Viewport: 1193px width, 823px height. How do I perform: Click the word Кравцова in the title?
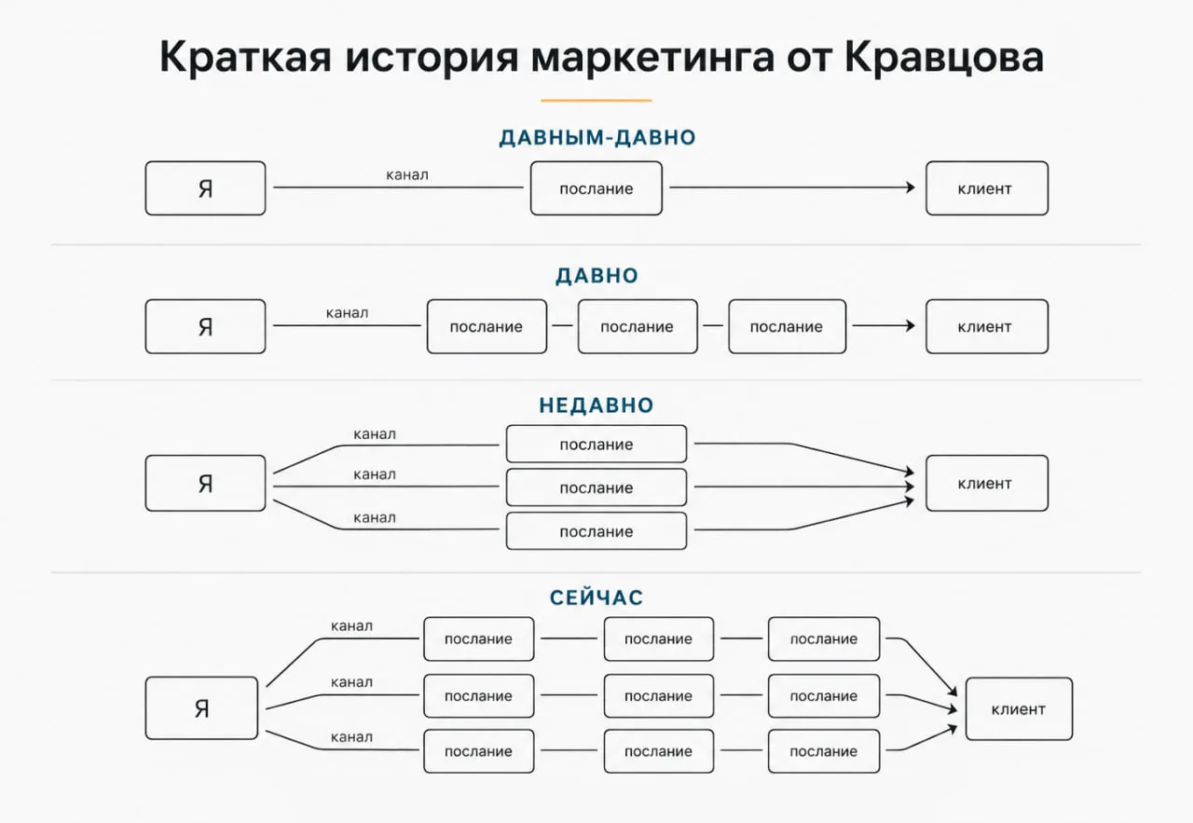click(944, 58)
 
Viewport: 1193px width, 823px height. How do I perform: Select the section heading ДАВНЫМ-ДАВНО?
click(597, 137)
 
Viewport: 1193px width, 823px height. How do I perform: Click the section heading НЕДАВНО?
click(596, 405)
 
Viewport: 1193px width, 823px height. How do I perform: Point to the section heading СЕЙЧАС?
click(596, 597)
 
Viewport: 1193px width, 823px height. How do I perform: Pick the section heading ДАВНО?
click(596, 275)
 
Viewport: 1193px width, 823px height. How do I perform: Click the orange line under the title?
click(596, 100)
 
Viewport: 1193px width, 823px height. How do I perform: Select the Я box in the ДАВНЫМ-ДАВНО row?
click(205, 188)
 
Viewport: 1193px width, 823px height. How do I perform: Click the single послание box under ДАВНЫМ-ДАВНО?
click(596, 188)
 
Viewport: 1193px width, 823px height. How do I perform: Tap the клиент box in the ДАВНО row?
click(987, 326)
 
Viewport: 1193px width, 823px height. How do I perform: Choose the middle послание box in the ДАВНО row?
click(638, 326)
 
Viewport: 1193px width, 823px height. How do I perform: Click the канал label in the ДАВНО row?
click(347, 312)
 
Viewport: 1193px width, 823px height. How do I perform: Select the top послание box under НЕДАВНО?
click(596, 444)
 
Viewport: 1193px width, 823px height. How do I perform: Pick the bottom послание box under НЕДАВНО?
click(596, 531)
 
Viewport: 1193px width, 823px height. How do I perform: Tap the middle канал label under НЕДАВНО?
click(375, 474)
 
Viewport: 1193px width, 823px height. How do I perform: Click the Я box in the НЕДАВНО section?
click(205, 483)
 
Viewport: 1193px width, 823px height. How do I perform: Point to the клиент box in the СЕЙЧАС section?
click(1019, 709)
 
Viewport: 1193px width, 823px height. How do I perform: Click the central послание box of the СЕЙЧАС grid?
click(658, 695)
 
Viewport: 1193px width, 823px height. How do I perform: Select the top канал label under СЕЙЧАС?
click(351, 626)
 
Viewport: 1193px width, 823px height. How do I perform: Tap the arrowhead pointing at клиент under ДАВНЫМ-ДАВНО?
click(911, 187)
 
